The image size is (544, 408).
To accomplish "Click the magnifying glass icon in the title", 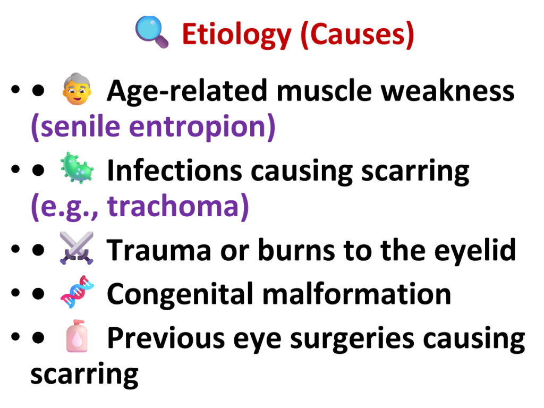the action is tap(152, 32).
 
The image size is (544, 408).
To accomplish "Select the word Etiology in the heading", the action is tap(236, 35).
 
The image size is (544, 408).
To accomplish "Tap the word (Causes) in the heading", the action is tap(358, 35).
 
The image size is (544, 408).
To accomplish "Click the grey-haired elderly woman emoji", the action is tap(76, 89).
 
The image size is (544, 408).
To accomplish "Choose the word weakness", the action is tap(447, 90).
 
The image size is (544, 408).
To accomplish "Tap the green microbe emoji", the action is tap(76, 168).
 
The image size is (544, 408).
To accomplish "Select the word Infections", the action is tap(174, 171).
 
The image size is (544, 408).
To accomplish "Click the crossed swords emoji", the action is tap(76, 249).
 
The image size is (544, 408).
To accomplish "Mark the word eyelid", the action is tap(475, 251).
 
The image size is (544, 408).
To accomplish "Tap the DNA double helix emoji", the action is tap(77, 292).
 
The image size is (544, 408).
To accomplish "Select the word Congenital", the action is tap(180, 294).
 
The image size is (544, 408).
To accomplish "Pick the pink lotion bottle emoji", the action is tap(76, 336).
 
